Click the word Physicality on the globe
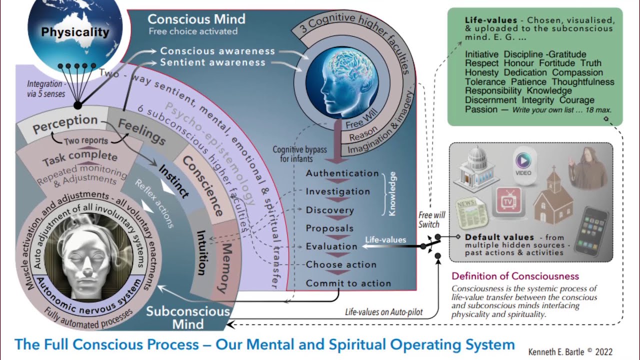(x=75, y=32)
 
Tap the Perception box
(x=65, y=123)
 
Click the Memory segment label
(x=225, y=268)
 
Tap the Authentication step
(x=342, y=173)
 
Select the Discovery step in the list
(x=330, y=210)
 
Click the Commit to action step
(x=348, y=283)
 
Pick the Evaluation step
(x=331, y=246)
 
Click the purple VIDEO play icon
(x=523, y=163)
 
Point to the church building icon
(x=552, y=198)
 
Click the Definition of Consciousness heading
(x=515, y=276)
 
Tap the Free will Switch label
(x=431, y=219)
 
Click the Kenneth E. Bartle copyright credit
(x=570, y=351)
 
